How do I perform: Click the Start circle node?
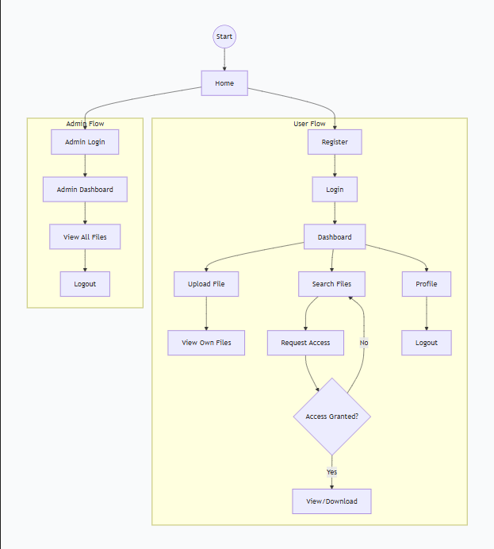tap(224, 36)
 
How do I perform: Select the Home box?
tap(224, 83)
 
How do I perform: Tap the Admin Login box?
tap(85, 142)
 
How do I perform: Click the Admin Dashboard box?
tap(85, 190)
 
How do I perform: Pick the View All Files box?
tap(85, 236)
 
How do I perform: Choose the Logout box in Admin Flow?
tap(85, 284)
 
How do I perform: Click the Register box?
tap(335, 142)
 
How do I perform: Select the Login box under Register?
tap(335, 190)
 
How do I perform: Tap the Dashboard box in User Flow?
tap(335, 236)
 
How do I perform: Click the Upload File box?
tap(206, 284)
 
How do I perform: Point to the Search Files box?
tap(331, 284)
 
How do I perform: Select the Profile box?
tap(427, 284)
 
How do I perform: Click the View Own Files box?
tap(206, 343)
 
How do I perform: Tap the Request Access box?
tap(305, 343)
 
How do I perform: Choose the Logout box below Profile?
tap(427, 343)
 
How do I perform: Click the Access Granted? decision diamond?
tap(332, 417)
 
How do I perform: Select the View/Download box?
tap(331, 501)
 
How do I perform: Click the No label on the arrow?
tap(364, 343)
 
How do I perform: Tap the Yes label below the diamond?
tap(331, 472)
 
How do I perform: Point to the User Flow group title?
tap(309, 124)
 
